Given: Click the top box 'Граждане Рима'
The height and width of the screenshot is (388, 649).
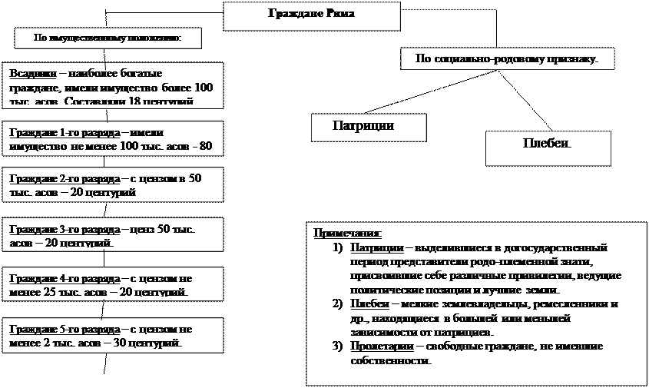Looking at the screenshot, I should tap(311, 15).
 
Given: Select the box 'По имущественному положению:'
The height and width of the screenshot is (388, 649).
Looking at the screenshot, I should tap(108, 38).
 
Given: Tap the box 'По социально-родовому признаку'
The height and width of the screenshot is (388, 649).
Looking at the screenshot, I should tap(507, 58).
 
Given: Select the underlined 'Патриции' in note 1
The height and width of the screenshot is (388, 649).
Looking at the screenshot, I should tap(375, 248).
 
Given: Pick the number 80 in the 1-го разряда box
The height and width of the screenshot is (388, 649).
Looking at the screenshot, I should tap(204, 145).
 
